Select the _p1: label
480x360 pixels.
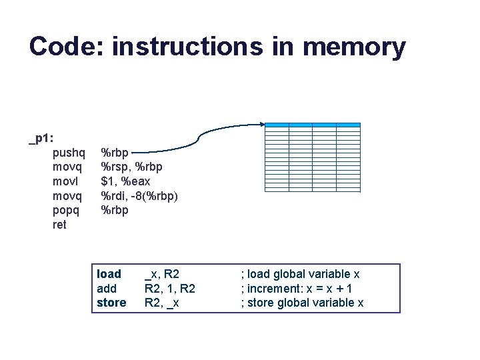(41, 139)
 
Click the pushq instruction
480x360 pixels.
(69, 151)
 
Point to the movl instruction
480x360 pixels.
(67, 181)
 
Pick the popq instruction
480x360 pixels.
(68, 210)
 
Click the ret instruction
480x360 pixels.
(59, 225)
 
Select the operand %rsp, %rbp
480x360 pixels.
(131, 166)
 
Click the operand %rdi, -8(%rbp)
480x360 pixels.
(139, 195)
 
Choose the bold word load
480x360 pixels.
(109, 274)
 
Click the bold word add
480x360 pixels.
(107, 289)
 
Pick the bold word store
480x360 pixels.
(111, 303)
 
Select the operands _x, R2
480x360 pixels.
(162, 274)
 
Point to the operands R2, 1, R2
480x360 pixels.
(170, 289)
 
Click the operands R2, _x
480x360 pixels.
(162, 303)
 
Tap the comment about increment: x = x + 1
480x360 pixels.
(297, 289)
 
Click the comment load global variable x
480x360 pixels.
(300, 274)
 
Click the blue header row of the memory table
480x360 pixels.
(313, 125)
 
